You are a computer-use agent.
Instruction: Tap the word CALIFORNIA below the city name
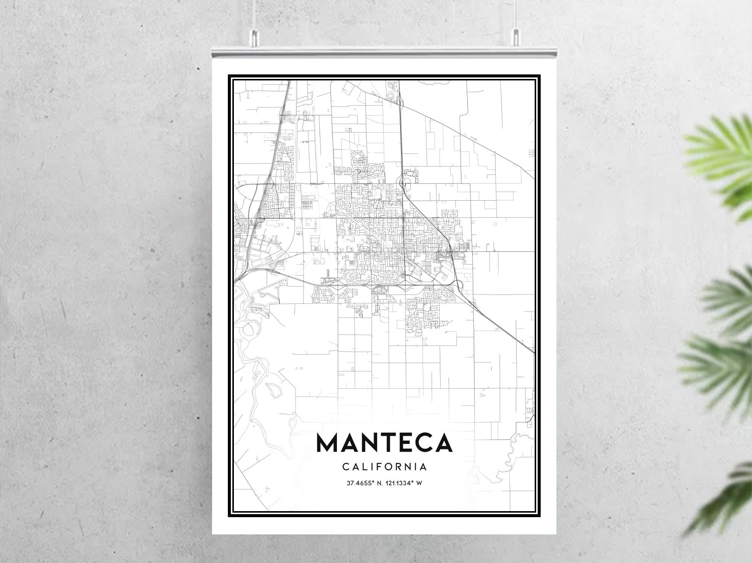pos(384,467)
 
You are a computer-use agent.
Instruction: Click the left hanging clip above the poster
pos(255,37)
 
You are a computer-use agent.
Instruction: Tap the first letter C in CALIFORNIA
pos(345,467)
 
